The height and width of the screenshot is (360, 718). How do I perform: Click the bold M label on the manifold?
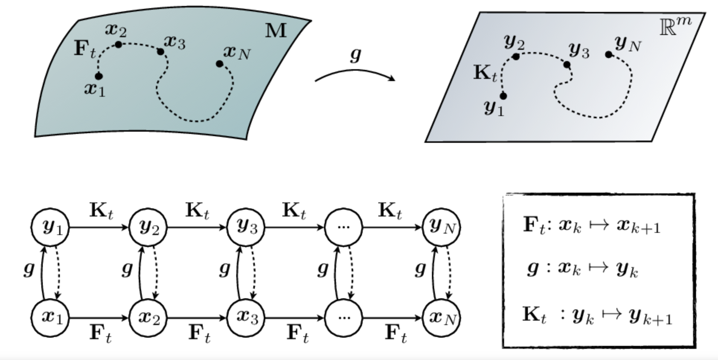(x=276, y=31)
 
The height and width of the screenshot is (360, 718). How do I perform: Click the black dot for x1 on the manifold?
(x=99, y=76)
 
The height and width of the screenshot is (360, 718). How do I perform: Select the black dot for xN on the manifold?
(x=219, y=64)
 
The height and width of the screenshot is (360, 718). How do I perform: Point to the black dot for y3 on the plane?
(x=567, y=65)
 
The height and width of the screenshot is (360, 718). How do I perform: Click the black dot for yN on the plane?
(x=609, y=55)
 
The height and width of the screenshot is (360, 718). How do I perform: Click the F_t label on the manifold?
(x=84, y=49)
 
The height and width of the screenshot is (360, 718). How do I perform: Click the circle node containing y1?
(x=50, y=227)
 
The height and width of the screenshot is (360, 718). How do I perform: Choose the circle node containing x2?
(x=148, y=318)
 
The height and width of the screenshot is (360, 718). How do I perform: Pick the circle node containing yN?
(x=442, y=227)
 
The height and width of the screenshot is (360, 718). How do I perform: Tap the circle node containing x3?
(x=246, y=318)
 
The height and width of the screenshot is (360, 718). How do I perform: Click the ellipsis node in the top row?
(x=343, y=227)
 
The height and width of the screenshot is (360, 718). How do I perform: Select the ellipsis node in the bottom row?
(x=343, y=318)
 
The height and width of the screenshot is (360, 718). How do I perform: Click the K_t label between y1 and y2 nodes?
(x=101, y=211)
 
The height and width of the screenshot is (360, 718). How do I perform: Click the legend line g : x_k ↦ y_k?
(x=582, y=269)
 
